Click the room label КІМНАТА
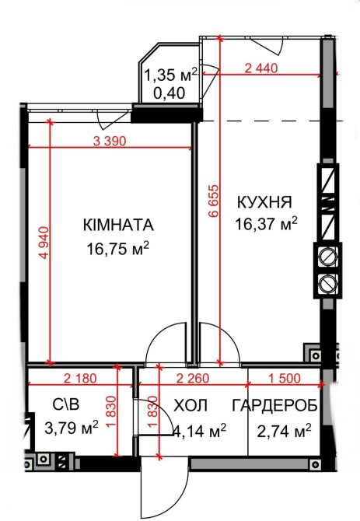pyautogui.click(x=118, y=225)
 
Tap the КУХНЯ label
pyautogui.click(x=264, y=202)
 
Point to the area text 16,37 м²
pyautogui.click(x=266, y=224)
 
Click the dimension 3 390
pyautogui.click(x=110, y=142)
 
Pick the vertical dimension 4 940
pyautogui.click(x=44, y=243)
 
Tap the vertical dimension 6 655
pyautogui.click(x=214, y=201)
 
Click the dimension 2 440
pyautogui.click(x=261, y=68)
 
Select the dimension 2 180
pyautogui.click(x=80, y=378)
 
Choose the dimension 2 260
pyautogui.click(x=193, y=378)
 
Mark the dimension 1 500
pyautogui.click(x=285, y=378)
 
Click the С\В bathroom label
pyautogui.click(x=66, y=404)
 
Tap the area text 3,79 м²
pyautogui.click(x=72, y=428)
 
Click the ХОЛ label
pyautogui.click(x=191, y=406)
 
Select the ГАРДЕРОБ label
pyautogui.click(x=275, y=406)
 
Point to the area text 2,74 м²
pyautogui.click(x=285, y=431)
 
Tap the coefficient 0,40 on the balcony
pyautogui.click(x=170, y=93)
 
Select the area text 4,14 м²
pyautogui.click(x=200, y=431)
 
